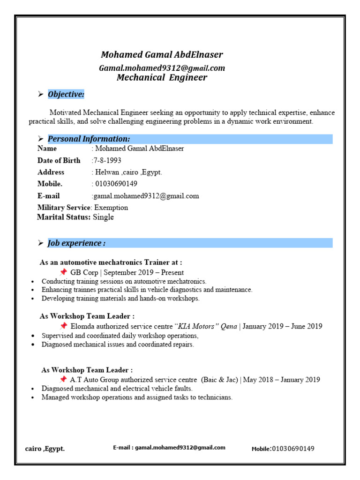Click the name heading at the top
pyautogui.click(x=162, y=55)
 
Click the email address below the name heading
pyautogui.click(x=162, y=68)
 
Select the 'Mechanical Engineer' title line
pyautogui.click(x=162, y=78)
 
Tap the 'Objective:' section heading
pyautogui.click(x=66, y=95)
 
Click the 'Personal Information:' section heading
pyautogui.click(x=89, y=139)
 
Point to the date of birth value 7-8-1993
pyautogui.click(x=107, y=160)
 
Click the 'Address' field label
pyautogui.click(x=51, y=172)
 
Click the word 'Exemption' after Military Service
pyautogui.click(x=111, y=207)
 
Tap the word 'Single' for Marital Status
pyautogui.click(x=103, y=217)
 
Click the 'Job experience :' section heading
pyautogui.click(x=76, y=243)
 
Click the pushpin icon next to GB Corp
pyautogui.click(x=63, y=272)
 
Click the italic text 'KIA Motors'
pyautogui.click(x=200, y=326)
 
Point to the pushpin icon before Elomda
pyautogui.click(x=63, y=326)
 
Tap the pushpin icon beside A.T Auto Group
pyautogui.click(x=63, y=379)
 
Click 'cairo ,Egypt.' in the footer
pyautogui.click(x=45, y=449)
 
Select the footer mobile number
pyautogui.click(x=293, y=449)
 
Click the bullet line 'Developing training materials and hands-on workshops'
pyautogui.click(x=120, y=298)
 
